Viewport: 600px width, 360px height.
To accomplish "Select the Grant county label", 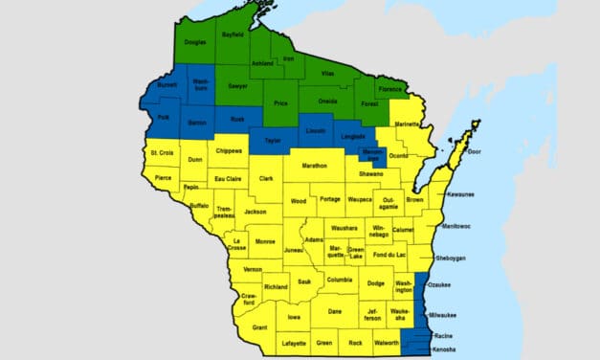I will click(259, 327).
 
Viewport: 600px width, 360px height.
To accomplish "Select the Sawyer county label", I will click(237, 86).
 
